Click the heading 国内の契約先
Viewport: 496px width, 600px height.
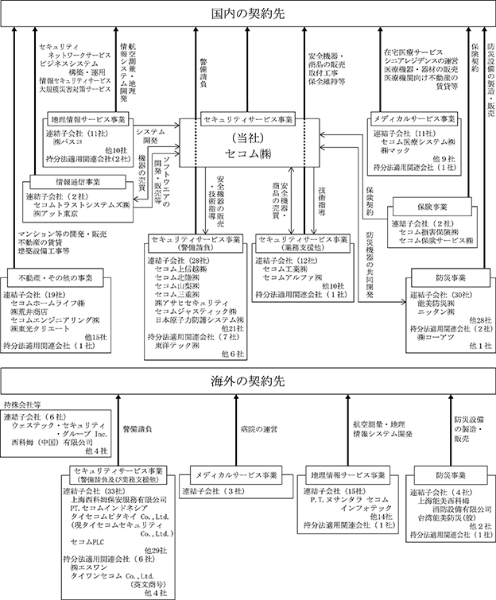click(247, 14)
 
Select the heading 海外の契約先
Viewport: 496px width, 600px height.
click(247, 380)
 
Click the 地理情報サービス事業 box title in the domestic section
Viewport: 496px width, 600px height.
click(90, 119)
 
